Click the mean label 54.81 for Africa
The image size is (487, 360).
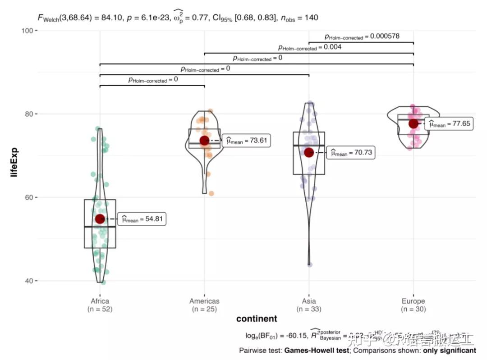coord(142,219)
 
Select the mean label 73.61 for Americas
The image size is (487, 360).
coord(247,141)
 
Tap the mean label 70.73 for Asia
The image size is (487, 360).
coord(351,153)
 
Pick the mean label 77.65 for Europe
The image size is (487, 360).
coord(449,124)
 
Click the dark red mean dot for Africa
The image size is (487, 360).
coord(100,219)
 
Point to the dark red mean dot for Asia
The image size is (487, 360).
coord(309,153)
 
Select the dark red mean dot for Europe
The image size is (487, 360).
coord(413,123)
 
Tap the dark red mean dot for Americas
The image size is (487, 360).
coord(204,141)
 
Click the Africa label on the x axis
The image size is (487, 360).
coord(100,301)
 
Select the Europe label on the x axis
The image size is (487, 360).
coord(413,301)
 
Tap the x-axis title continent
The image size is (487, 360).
coord(257,319)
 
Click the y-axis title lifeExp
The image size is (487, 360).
coord(14,155)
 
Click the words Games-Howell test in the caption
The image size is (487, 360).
coord(317,350)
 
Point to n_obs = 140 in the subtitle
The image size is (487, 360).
coord(300,18)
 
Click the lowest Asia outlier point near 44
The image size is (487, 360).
coord(310,264)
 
